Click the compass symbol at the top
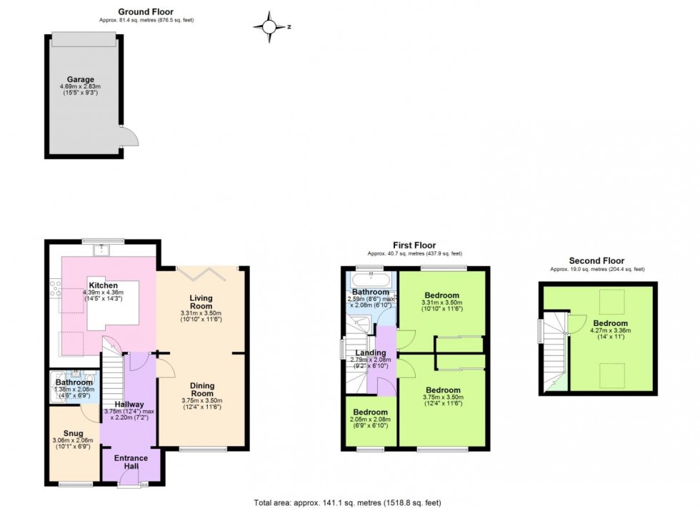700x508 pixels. point(270,26)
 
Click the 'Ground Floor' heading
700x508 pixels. point(146,11)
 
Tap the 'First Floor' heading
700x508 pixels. point(414,245)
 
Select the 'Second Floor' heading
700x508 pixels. point(596,261)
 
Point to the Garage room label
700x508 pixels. point(81,79)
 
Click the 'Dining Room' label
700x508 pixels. point(202,389)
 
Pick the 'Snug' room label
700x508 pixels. point(74,433)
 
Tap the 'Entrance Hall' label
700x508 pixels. point(131,462)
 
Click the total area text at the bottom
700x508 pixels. point(349,502)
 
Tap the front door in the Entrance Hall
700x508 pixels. point(131,486)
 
